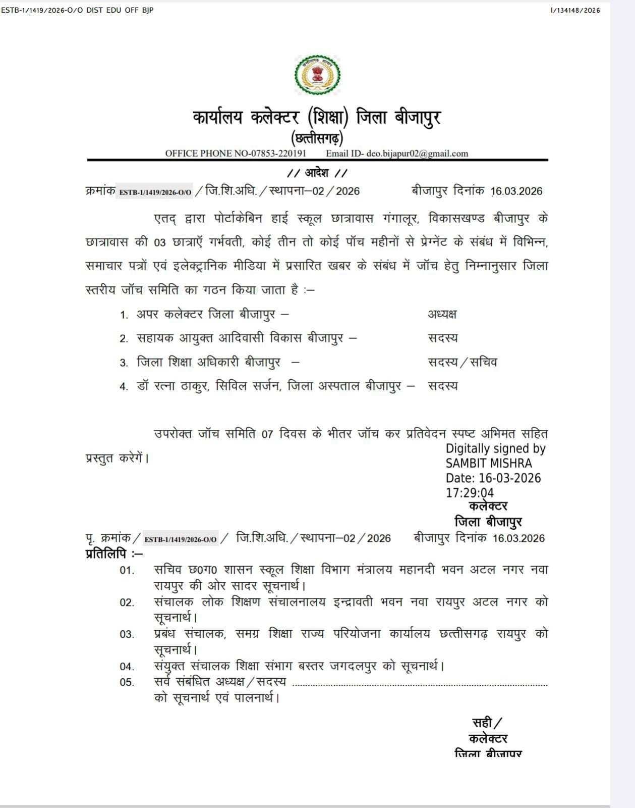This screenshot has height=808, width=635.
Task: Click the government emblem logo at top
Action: click(317, 75)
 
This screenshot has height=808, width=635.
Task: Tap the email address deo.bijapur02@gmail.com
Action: click(417, 154)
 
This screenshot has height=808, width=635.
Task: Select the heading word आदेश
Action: click(317, 173)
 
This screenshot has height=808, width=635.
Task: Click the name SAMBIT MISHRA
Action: click(489, 463)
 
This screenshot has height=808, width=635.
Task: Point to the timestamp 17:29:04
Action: click(470, 493)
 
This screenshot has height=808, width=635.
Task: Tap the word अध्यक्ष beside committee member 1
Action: click(442, 314)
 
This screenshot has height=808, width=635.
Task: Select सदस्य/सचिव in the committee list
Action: click(462, 362)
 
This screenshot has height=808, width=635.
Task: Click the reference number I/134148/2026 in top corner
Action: click(575, 10)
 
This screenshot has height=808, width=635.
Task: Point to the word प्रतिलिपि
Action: click(106, 554)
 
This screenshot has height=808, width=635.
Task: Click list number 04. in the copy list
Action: click(127, 667)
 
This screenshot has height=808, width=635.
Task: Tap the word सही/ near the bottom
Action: click(487, 723)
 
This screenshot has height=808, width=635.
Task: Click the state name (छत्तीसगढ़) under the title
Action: click(317, 138)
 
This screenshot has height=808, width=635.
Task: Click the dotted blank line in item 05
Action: click(420, 685)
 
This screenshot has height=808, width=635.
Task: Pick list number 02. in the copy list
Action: click(127, 603)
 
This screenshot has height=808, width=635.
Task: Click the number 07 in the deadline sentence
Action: click(267, 434)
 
